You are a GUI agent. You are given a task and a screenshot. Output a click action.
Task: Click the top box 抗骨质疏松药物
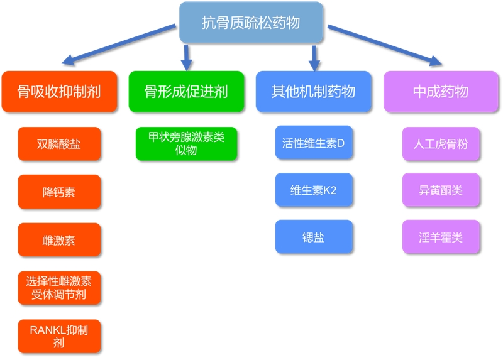(x=251, y=23)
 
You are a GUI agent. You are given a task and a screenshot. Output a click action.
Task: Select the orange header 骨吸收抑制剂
(x=59, y=92)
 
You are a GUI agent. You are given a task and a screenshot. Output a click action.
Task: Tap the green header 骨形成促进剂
(x=186, y=92)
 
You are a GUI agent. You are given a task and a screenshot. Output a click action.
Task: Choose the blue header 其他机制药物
(x=313, y=92)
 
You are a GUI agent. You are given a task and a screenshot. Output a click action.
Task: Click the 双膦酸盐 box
(x=59, y=144)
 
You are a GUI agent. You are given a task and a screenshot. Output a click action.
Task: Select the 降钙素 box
(x=59, y=192)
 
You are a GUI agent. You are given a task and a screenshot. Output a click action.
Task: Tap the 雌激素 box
(x=59, y=240)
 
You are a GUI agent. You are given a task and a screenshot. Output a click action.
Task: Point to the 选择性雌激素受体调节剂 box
(x=59, y=288)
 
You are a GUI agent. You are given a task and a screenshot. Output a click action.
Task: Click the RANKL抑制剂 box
(x=59, y=336)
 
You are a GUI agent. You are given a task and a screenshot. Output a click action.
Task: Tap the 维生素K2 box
(x=314, y=190)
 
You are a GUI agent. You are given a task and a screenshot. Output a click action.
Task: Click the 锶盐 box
(x=314, y=237)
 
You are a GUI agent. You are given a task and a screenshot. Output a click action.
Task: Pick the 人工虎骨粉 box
(x=441, y=144)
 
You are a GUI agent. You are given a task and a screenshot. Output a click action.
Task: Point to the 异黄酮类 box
(x=441, y=190)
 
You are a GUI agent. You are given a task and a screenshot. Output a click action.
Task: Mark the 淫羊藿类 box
(x=441, y=237)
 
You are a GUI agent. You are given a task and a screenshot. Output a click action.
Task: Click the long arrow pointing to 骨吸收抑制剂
(x=119, y=45)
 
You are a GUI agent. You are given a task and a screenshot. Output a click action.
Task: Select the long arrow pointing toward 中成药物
(x=384, y=45)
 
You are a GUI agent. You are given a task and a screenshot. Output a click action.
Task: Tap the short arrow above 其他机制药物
(x=315, y=57)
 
